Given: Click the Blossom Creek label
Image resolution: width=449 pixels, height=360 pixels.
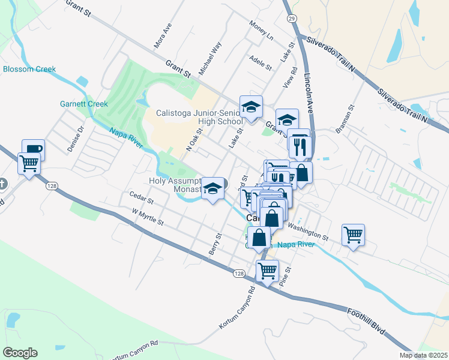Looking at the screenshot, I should tap(29, 69).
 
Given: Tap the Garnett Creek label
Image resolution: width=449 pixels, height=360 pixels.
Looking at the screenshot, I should tap(83, 104).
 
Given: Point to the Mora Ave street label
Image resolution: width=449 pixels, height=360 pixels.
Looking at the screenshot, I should tap(159, 39).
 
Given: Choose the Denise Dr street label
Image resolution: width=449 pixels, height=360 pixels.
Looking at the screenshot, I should tap(75, 139).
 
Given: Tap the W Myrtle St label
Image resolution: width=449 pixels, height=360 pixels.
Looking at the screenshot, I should tap(148, 217).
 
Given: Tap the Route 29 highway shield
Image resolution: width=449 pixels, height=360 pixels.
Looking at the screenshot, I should tap(291, 19).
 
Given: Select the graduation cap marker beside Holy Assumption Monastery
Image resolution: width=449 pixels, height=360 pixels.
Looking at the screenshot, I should tap(212, 188).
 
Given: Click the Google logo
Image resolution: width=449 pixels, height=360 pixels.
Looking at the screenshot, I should tap(20, 352).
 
